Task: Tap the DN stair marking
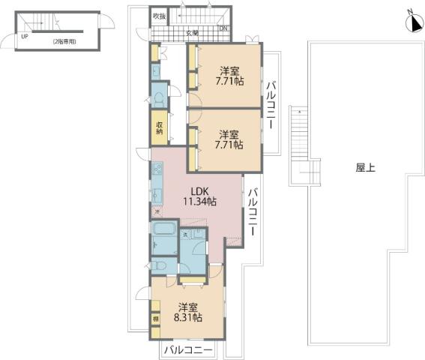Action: [223, 29]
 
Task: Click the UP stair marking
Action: [25, 36]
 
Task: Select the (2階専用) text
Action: [64, 42]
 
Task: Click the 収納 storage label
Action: [160, 127]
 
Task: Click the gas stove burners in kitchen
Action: [157, 171]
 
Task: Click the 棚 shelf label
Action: [156, 319]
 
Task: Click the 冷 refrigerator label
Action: [157, 212]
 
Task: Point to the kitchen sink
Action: [157, 194]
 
